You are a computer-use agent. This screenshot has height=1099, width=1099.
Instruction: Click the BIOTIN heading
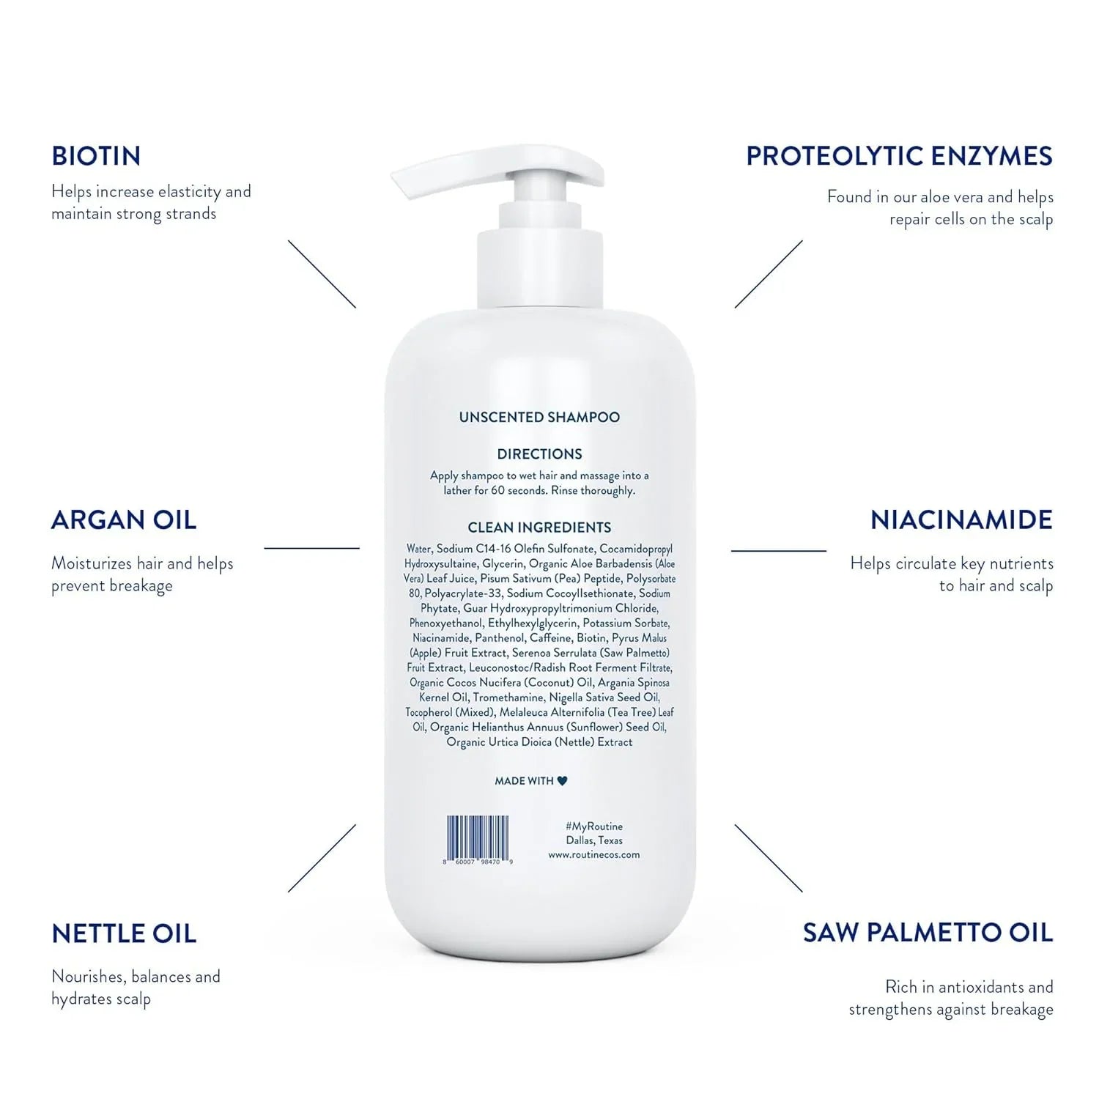click(x=96, y=156)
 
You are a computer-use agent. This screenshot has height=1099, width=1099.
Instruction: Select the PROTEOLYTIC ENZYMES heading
click(x=899, y=156)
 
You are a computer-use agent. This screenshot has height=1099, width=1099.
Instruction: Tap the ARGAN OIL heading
click(x=124, y=520)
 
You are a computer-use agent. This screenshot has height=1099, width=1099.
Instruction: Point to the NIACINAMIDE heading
click(x=961, y=520)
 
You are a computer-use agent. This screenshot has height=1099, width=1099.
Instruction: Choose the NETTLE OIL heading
click(x=124, y=933)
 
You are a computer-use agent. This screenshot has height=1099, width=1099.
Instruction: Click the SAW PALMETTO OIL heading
click(x=928, y=933)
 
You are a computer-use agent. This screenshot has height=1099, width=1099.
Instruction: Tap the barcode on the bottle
click(x=478, y=840)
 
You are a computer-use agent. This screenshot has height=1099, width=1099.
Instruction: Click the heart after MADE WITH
click(x=562, y=781)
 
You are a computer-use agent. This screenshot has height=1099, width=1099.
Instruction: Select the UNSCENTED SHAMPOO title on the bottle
click(x=539, y=417)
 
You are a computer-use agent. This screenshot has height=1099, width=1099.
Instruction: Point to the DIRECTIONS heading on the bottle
click(x=539, y=454)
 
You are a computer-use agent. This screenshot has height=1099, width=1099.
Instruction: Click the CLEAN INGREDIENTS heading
click(x=539, y=528)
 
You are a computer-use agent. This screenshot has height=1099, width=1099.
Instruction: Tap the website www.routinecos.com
click(x=594, y=855)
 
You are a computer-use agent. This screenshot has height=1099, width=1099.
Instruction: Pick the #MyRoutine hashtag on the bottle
click(x=594, y=826)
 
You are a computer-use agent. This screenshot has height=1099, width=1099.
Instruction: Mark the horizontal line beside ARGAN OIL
click(x=311, y=548)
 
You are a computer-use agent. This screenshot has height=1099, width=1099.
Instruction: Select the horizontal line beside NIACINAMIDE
click(x=779, y=550)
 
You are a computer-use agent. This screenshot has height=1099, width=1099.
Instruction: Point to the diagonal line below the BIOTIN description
click(x=322, y=274)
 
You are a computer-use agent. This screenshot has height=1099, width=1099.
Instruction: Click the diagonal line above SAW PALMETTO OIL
click(x=769, y=858)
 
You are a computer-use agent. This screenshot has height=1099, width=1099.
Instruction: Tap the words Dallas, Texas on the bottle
click(x=594, y=840)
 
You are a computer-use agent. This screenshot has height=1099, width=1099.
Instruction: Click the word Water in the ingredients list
click(x=419, y=549)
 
